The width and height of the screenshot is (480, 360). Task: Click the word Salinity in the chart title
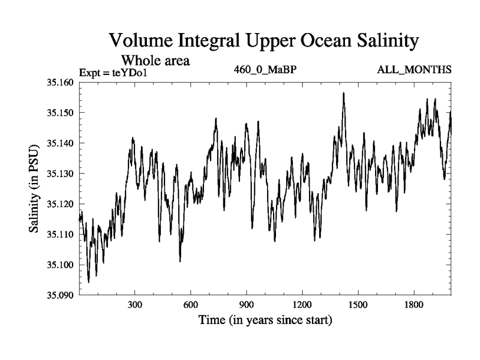pos(381,41)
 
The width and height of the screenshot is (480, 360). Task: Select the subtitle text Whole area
pos(156,61)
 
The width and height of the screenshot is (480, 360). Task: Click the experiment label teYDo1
pos(130,73)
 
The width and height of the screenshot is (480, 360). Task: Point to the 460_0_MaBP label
pos(266,70)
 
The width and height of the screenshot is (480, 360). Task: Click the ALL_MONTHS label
pos(414,70)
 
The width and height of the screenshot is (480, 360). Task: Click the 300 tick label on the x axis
pos(135,305)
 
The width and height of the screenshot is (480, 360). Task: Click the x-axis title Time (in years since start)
pos(265,320)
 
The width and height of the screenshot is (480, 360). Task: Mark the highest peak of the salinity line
pos(344,93)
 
